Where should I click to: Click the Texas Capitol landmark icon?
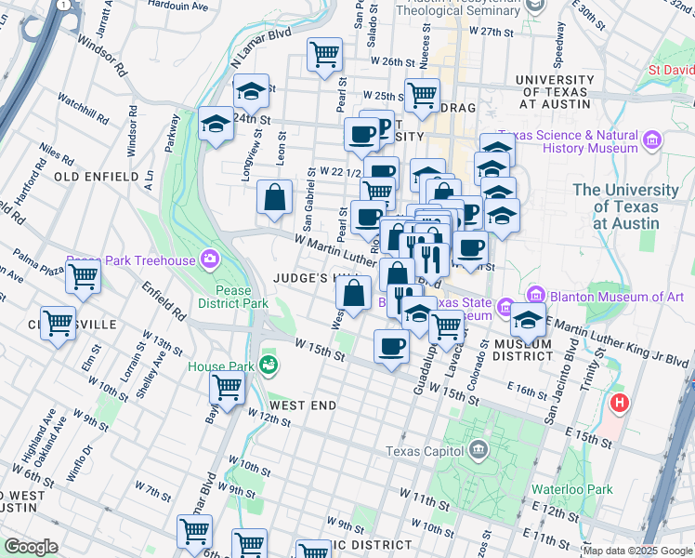point(478,451)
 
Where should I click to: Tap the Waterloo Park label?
point(572,489)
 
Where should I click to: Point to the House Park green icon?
point(269,365)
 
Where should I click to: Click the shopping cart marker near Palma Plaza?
point(84,276)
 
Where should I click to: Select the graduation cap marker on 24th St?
point(216,124)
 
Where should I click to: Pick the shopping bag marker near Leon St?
point(275,197)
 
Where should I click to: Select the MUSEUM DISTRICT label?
point(523,350)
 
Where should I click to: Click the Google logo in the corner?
point(31,546)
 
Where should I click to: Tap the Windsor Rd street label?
point(102,57)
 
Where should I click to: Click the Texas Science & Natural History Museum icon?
point(652,141)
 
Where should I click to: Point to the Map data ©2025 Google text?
point(636,551)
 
